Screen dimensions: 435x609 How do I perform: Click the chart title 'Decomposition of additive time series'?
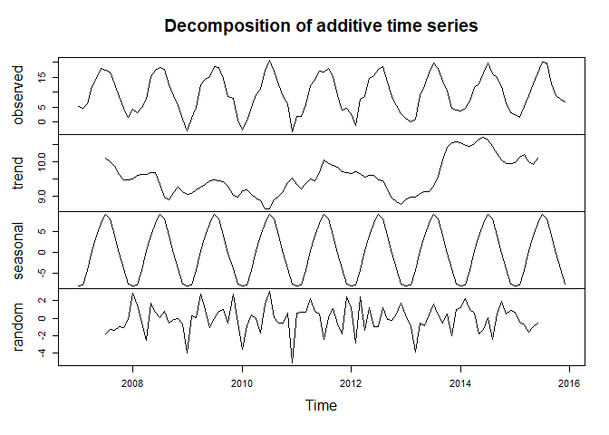[x=322, y=26]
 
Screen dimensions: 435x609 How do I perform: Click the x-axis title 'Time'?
[x=322, y=406]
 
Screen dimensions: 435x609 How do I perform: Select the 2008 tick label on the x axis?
[x=133, y=382]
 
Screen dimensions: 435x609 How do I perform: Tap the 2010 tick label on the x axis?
[x=242, y=382]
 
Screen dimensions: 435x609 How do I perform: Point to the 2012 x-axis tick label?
[x=352, y=382]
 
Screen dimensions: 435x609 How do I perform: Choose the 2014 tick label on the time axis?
[x=460, y=382]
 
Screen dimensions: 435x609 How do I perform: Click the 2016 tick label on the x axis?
[x=569, y=382]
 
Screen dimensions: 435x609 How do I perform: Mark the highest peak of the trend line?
[x=483, y=137]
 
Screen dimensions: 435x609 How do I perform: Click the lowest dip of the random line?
[x=292, y=362]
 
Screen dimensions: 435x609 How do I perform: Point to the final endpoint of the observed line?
[x=565, y=101]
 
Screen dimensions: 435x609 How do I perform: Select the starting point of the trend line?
[x=106, y=158]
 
